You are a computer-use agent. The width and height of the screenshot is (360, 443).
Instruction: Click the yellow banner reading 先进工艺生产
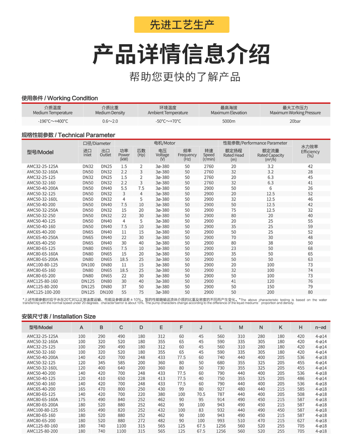[x=182, y=25]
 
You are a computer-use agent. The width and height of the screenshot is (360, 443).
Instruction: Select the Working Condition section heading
[x=60, y=98]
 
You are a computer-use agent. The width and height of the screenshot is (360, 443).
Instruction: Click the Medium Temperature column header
[x=52, y=110]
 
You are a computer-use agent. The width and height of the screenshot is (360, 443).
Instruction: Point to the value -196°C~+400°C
[x=53, y=122]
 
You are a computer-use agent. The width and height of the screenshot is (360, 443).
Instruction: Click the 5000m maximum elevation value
[x=229, y=122]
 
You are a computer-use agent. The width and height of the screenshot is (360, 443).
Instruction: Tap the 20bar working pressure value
[x=295, y=122]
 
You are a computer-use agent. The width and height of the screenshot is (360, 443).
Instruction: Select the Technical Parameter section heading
[x=68, y=135]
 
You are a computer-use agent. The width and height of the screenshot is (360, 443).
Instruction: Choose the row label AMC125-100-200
[x=43, y=292]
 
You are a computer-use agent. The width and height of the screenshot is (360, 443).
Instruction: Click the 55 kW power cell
[x=123, y=292]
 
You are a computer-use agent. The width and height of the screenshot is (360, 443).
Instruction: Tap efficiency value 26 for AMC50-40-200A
[x=310, y=188]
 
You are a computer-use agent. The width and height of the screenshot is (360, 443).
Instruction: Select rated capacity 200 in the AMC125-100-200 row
[x=271, y=292]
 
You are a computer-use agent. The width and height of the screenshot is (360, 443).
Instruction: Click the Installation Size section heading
[x=58, y=316]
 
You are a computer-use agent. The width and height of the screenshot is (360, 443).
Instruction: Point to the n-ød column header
[x=321, y=328]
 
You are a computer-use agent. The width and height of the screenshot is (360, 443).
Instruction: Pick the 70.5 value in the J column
[x=201, y=394]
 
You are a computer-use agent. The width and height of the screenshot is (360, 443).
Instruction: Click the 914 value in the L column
[x=221, y=400]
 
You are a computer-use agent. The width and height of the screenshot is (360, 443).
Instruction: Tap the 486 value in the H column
[x=301, y=378]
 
